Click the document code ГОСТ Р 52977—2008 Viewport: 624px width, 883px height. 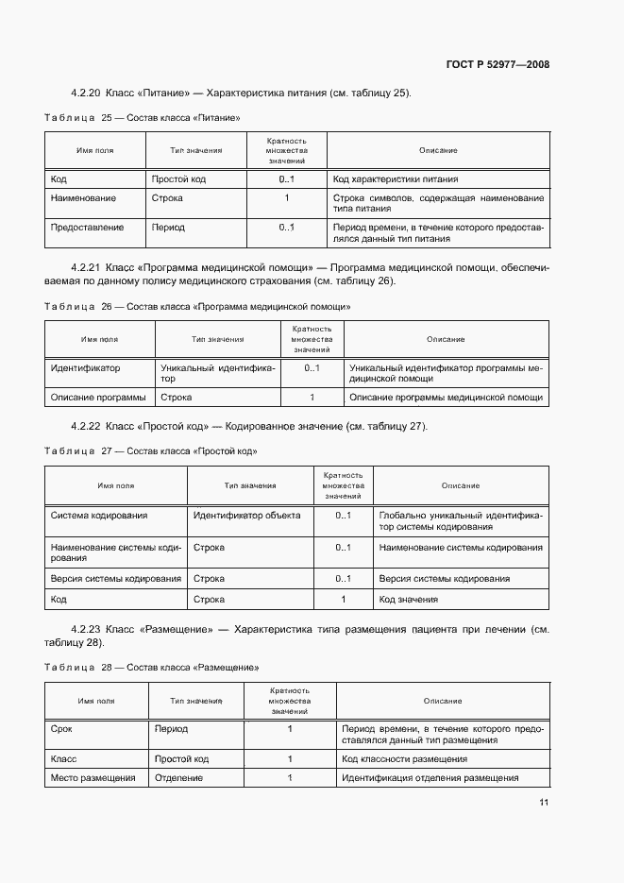coord(498,64)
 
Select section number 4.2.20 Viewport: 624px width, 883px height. coord(86,93)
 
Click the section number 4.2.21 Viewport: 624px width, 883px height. coord(86,268)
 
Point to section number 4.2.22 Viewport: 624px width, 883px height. coord(86,427)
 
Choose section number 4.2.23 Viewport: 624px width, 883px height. coord(86,629)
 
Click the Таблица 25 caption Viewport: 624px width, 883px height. coord(142,118)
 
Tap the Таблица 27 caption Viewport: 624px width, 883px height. coord(151,451)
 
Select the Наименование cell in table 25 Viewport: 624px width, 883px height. coord(84,198)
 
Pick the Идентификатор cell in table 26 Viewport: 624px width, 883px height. coord(85,369)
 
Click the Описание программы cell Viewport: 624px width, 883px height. coord(98,399)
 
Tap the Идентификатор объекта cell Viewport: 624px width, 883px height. coord(246,516)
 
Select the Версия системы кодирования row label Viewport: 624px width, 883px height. coord(116,579)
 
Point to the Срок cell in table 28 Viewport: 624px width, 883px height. coord(61,729)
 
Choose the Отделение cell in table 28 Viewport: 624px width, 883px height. coord(176,778)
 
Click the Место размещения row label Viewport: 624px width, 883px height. coord(93,778)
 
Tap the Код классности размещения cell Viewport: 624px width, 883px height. coord(405,759)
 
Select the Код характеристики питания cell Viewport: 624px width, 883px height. coord(393,178)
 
